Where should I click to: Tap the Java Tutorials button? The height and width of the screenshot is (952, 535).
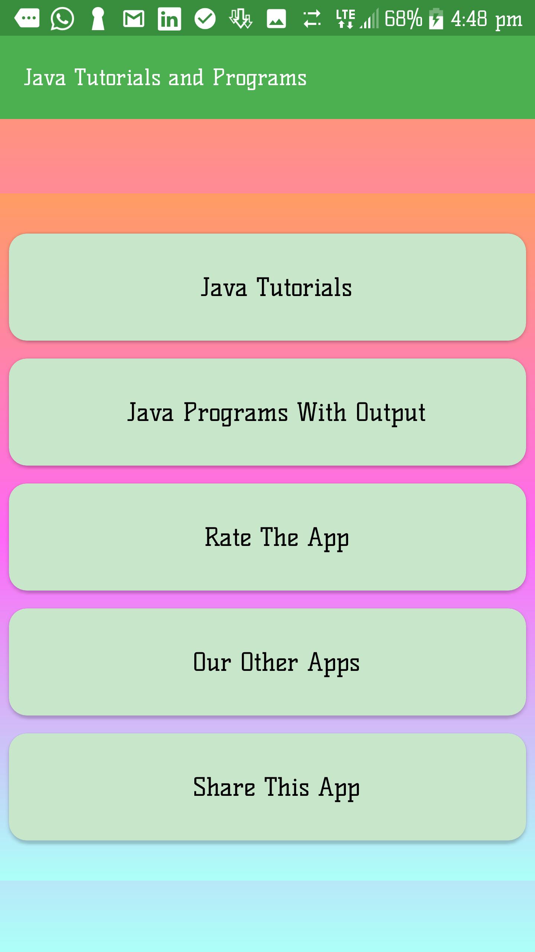coord(267,287)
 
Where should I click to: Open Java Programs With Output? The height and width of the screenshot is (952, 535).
coord(267,412)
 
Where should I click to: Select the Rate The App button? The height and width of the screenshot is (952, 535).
coord(267,537)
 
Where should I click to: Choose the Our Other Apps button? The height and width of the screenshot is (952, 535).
coord(267,662)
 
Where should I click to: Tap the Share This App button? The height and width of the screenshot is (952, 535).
coord(267,787)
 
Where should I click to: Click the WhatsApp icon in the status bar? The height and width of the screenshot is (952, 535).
coord(62,19)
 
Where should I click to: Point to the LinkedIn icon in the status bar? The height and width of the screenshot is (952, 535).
coord(169,19)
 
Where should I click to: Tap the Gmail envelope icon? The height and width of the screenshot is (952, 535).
coord(134,19)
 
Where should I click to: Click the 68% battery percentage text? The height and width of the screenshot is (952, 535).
coord(403,19)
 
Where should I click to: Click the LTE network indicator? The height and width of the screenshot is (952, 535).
coord(346,19)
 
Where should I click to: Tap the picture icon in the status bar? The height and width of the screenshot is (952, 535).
coord(276,19)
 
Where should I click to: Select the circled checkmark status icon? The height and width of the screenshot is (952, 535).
coord(205,19)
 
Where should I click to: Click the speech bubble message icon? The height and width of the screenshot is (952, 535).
coord(27,18)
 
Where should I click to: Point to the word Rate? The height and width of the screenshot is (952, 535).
coord(228,537)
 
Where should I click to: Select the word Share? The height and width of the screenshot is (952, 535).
coord(224,787)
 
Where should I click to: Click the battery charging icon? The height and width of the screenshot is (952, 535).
coord(436,19)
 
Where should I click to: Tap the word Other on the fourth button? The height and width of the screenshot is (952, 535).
coord(269,662)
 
